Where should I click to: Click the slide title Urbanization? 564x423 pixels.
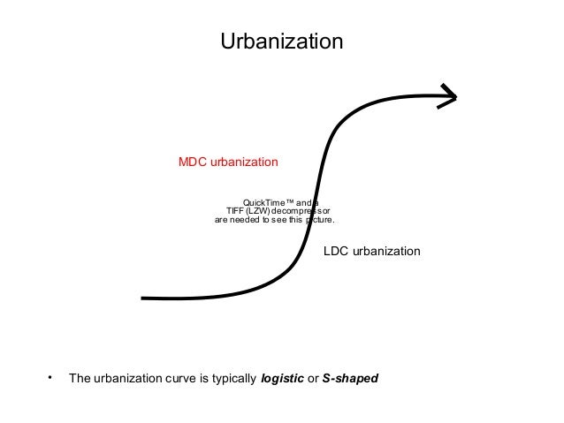click(x=281, y=42)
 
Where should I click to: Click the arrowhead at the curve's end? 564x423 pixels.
click(x=450, y=97)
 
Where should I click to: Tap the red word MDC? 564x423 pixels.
click(x=193, y=162)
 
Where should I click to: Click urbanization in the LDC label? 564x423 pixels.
click(x=386, y=252)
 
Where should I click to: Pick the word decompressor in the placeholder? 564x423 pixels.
click(x=301, y=211)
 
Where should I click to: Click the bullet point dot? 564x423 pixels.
click(x=50, y=378)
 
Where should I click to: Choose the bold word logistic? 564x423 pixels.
click(x=283, y=379)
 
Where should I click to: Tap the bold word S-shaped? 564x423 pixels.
click(x=350, y=379)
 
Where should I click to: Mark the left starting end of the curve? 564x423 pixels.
click(x=144, y=298)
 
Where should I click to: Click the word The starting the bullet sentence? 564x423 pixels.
click(x=80, y=379)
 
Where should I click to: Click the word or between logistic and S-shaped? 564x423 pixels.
click(x=313, y=379)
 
